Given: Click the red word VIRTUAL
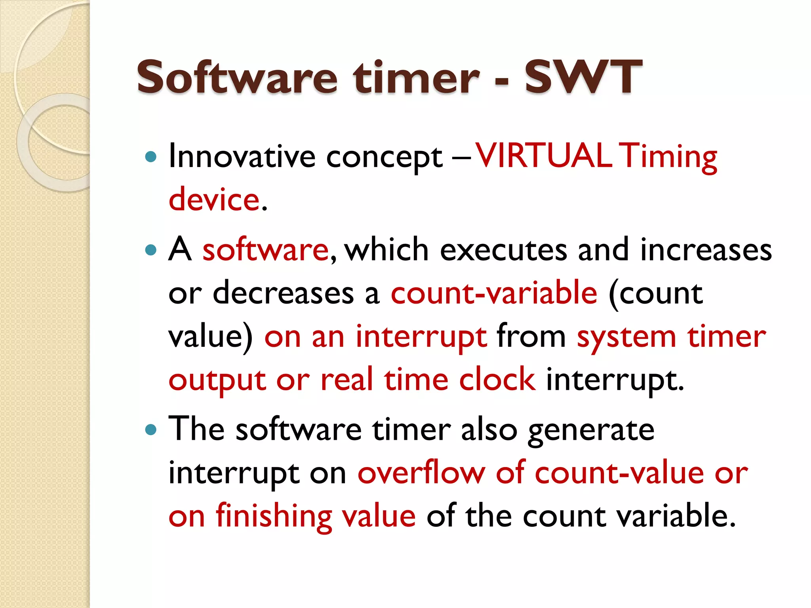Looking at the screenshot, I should click(542, 156).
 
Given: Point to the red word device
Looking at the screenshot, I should click(214, 199).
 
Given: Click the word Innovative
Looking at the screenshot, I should click(242, 156).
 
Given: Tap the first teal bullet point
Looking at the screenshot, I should click(151, 157).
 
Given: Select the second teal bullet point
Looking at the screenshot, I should click(151, 250).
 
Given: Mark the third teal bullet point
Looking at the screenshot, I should click(151, 430).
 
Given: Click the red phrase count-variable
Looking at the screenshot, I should click(494, 293).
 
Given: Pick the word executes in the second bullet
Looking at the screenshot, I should click(504, 250).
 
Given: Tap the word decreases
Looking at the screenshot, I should click(283, 293).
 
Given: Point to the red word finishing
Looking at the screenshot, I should click(274, 516).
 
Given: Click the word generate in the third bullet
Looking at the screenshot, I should click(591, 430).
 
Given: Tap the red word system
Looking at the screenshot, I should click(626, 336).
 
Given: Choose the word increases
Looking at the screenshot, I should click(706, 250).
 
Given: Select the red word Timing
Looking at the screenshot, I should click(668, 156).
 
